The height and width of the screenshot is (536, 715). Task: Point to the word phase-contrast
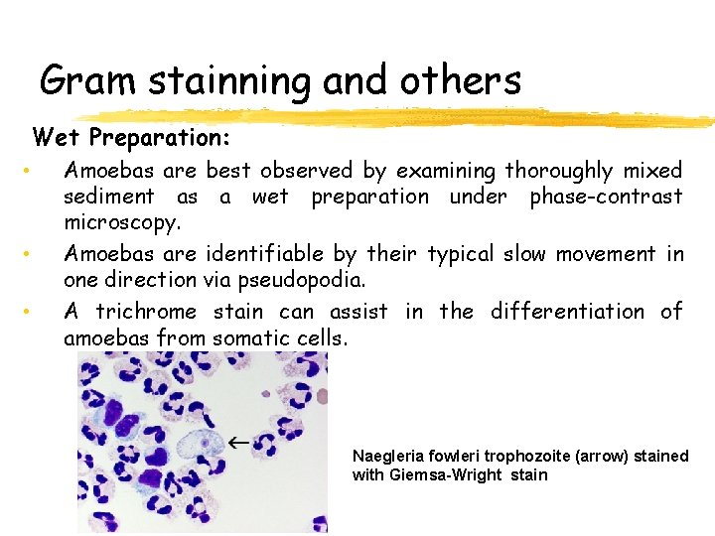tap(606, 197)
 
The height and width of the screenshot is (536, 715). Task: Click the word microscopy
tap(121, 221)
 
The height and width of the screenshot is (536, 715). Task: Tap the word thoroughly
tap(559, 171)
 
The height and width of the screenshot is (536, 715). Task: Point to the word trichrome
tap(146, 312)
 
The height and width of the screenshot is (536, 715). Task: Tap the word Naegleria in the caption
tap(388, 457)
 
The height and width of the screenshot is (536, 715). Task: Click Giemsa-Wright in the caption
tap(446, 475)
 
